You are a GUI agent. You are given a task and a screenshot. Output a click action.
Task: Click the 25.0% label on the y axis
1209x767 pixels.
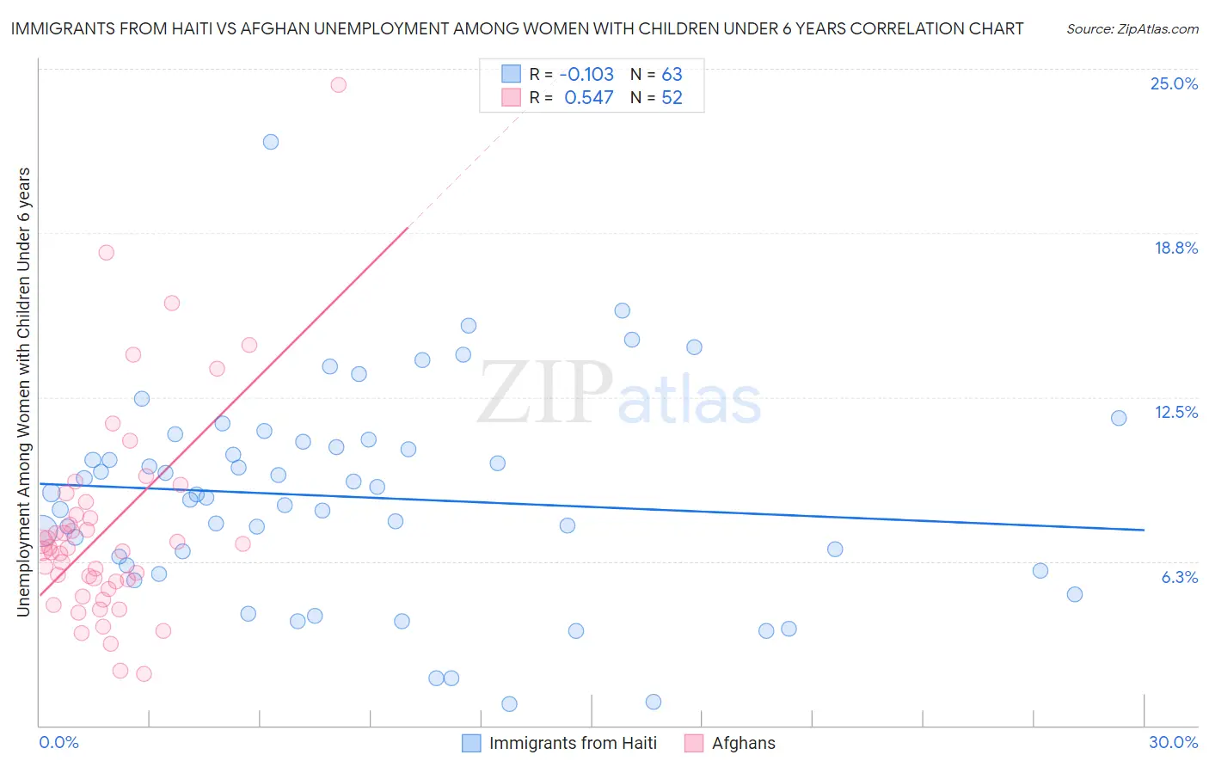tap(1174, 83)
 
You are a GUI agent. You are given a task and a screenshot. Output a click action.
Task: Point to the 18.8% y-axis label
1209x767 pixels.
tap(1175, 248)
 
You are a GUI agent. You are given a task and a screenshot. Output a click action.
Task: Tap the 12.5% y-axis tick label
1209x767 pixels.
tap(1175, 412)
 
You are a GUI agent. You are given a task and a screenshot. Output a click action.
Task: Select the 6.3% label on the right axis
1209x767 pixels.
tap(1179, 577)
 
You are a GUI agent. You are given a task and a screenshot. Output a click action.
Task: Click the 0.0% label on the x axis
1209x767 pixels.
tap(58, 742)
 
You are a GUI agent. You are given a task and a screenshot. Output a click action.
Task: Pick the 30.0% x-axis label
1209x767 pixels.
tap(1173, 742)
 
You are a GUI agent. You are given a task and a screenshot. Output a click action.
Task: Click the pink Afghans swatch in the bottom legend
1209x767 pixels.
tap(694, 743)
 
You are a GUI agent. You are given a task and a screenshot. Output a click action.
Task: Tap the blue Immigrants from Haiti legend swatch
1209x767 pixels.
tap(471, 743)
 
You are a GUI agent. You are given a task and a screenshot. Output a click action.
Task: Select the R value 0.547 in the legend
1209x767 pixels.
tap(589, 98)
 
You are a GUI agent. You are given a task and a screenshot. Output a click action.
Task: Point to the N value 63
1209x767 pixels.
tap(672, 74)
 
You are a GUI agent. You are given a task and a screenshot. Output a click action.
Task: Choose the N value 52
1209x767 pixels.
tap(672, 98)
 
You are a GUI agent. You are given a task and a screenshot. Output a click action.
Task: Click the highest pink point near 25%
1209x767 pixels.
tap(338, 84)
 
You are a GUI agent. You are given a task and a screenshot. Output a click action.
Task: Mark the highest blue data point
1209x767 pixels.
tap(271, 142)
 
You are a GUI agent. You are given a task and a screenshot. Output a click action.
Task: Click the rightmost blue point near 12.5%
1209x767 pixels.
tap(1119, 418)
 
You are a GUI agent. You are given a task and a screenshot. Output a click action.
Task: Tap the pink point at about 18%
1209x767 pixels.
tap(107, 252)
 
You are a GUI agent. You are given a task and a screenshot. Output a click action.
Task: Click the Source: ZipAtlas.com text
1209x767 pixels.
tap(1132, 28)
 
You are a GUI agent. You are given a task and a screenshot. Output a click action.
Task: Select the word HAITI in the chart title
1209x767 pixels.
tap(183, 28)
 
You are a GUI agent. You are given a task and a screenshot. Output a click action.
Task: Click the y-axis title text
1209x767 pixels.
tap(23, 391)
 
